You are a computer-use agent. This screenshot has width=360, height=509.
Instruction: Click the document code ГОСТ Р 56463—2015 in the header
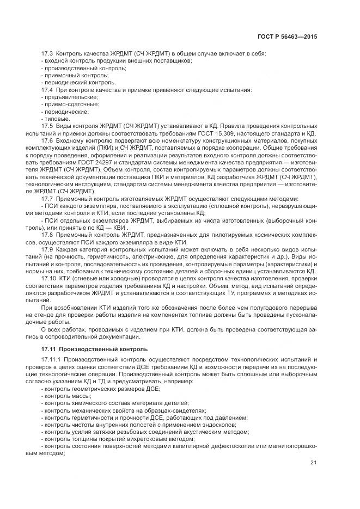(x=287, y=36)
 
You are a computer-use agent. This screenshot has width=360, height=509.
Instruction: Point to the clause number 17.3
(x=47, y=54)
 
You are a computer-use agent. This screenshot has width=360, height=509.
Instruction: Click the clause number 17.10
(x=49, y=278)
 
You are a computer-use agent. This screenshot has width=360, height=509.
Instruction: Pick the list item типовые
(x=57, y=119)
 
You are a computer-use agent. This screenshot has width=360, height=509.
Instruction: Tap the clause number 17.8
(x=47, y=234)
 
